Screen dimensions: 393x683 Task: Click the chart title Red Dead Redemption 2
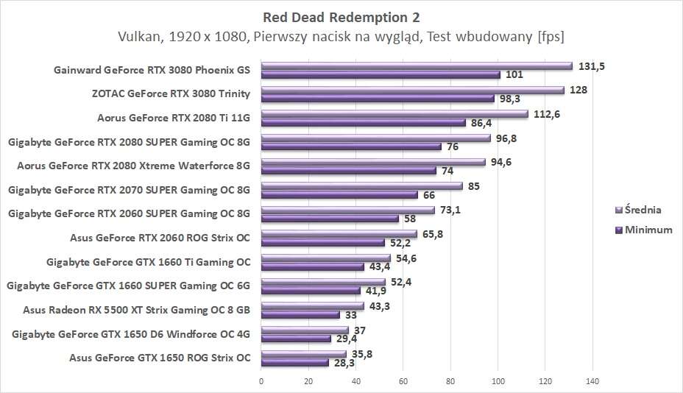(x=341, y=16)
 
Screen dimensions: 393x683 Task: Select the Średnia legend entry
(x=642, y=210)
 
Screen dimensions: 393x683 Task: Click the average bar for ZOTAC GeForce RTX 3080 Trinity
(x=412, y=90)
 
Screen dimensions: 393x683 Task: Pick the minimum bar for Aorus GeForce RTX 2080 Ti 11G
(x=364, y=122)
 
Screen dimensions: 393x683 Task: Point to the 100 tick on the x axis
(x=498, y=381)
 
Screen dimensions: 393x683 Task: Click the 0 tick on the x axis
(x=261, y=381)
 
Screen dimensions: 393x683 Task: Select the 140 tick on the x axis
(x=592, y=381)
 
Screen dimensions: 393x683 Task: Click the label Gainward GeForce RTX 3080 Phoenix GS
(x=152, y=71)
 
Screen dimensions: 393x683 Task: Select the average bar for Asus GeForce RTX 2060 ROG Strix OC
(x=339, y=234)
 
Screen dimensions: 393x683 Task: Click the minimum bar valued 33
(x=300, y=314)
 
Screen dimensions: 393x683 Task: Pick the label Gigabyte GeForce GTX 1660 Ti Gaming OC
(x=148, y=261)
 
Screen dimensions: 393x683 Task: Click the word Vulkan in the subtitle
(x=138, y=37)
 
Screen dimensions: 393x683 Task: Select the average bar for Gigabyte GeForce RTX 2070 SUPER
(x=361, y=186)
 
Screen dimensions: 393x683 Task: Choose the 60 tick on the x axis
(x=403, y=381)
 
